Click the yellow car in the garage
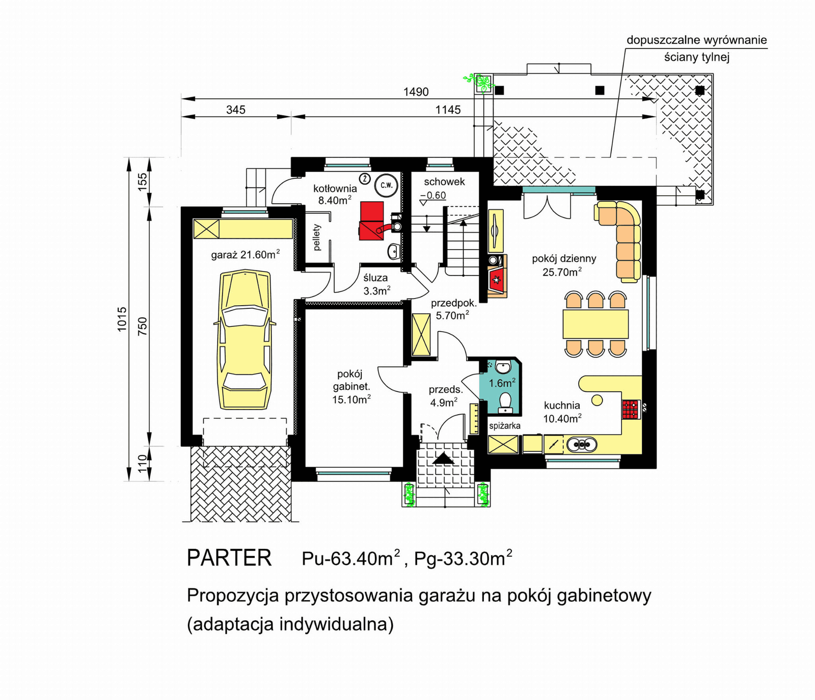click(x=245, y=340)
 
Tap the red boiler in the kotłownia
click(x=371, y=221)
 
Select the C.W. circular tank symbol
click(x=387, y=185)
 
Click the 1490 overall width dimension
click(x=416, y=92)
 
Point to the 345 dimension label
click(x=236, y=110)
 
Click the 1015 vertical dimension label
click(x=122, y=319)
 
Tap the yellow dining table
click(x=595, y=324)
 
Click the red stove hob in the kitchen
click(x=630, y=409)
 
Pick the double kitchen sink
click(x=582, y=445)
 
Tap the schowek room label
click(x=444, y=182)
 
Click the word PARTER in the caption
click(x=229, y=558)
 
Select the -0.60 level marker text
click(x=433, y=195)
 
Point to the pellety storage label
click(x=317, y=237)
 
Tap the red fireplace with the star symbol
click(x=496, y=280)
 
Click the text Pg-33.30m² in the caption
click(x=463, y=558)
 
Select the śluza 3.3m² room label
click(x=376, y=284)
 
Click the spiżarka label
click(x=504, y=425)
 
